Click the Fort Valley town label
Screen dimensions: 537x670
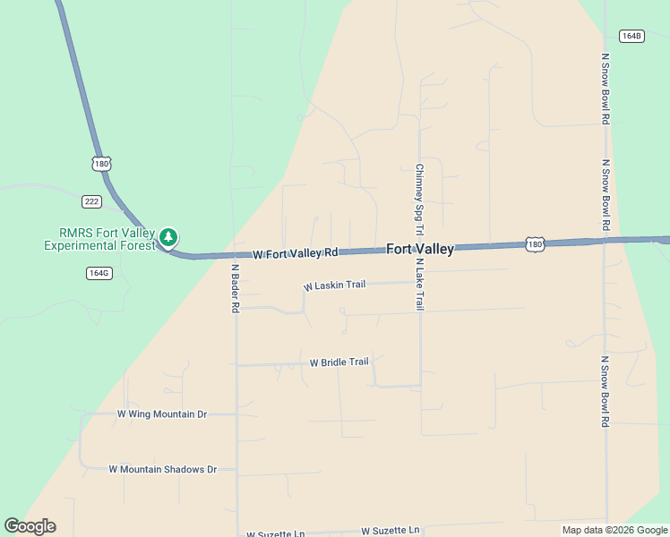[420, 250]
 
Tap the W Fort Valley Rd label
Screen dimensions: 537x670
[295, 254]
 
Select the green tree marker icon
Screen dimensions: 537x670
[168, 237]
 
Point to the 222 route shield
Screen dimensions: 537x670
[91, 200]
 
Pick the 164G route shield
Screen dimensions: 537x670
[99, 272]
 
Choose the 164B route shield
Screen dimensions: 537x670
[631, 36]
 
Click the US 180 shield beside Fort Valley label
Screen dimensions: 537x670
[535, 244]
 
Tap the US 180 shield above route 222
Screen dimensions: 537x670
[101, 164]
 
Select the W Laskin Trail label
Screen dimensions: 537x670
[335, 286]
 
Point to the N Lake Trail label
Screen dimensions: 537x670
[419, 285]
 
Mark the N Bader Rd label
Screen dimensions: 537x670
[236, 288]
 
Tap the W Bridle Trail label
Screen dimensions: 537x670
[339, 362]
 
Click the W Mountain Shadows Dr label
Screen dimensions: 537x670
[162, 469]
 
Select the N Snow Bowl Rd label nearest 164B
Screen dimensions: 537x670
[606, 88]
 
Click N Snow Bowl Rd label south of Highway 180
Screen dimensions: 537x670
[606, 391]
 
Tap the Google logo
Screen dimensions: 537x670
[30, 526]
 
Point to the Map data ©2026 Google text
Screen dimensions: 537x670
[614, 530]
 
